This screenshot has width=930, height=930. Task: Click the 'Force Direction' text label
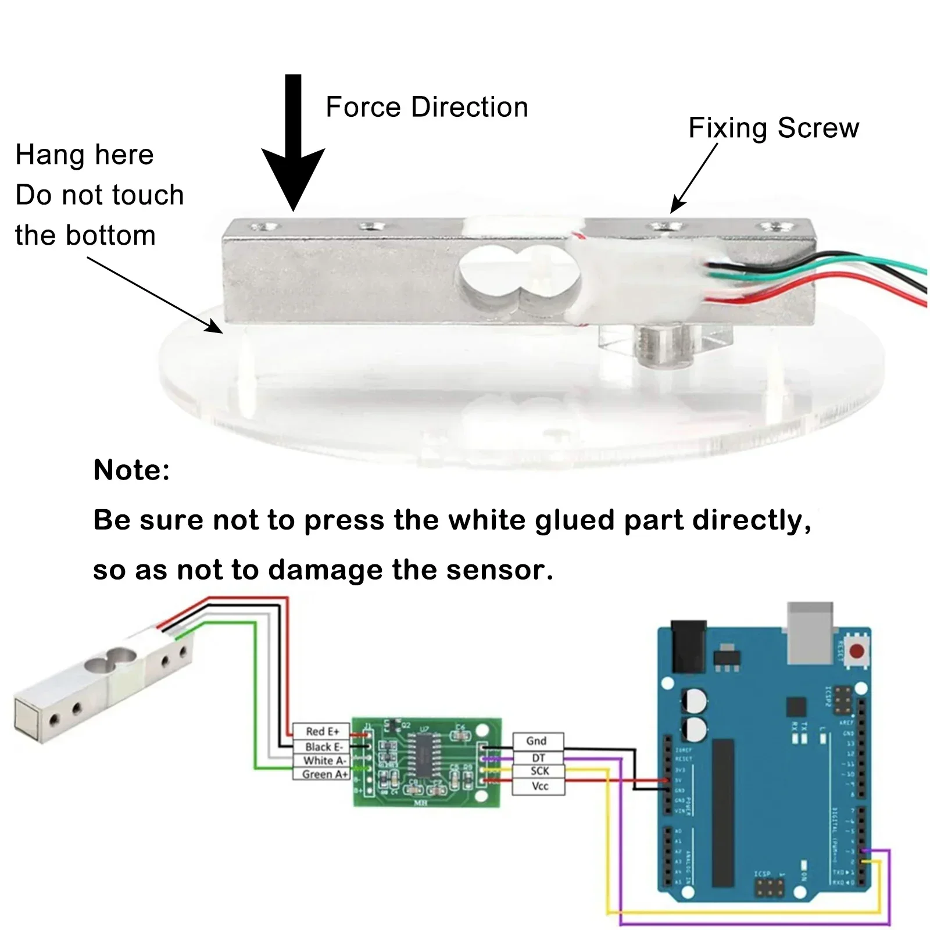[427, 108]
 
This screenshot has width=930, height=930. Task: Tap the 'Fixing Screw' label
[773, 128]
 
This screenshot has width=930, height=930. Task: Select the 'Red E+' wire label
[322, 731]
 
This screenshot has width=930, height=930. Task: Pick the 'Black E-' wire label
[324, 746]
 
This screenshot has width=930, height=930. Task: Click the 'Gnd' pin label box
[537, 741]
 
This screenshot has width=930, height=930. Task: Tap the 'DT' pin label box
[538, 758]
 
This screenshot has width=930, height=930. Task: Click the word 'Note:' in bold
[131, 470]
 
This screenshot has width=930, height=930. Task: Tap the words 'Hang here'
[85, 155]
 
